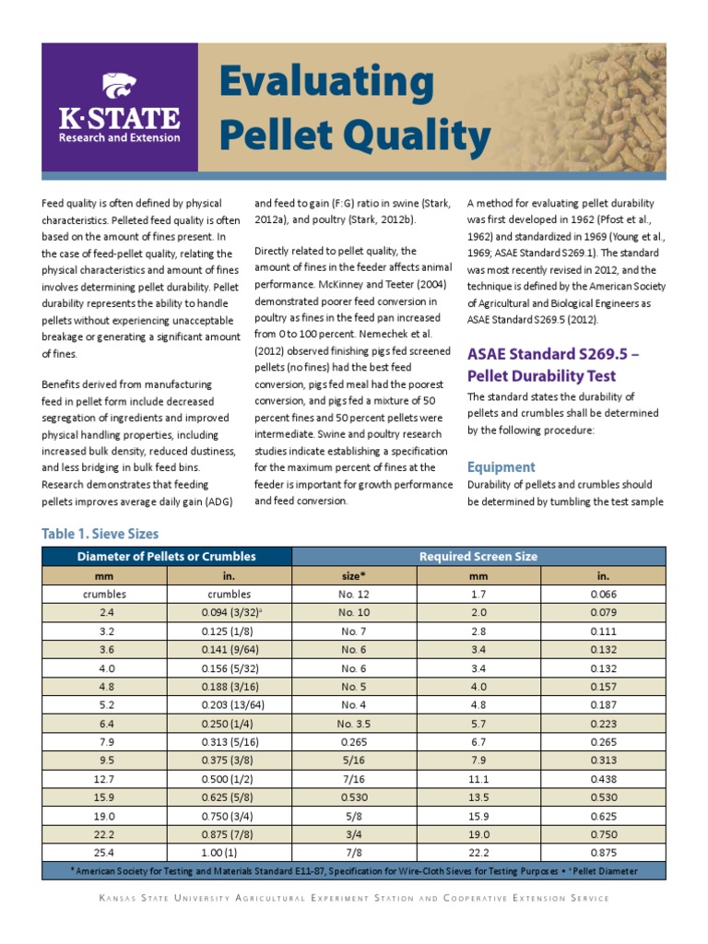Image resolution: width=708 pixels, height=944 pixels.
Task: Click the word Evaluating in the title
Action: click(326, 85)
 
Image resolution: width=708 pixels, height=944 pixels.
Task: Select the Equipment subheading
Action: click(501, 466)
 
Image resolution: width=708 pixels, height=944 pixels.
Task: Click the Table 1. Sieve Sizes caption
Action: click(100, 534)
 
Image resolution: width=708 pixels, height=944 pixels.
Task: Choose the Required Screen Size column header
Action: click(478, 557)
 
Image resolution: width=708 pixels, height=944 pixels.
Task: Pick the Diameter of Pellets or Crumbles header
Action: click(167, 557)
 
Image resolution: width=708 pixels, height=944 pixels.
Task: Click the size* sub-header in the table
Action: click(354, 576)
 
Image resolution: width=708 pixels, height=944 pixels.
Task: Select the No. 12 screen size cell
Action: click(354, 595)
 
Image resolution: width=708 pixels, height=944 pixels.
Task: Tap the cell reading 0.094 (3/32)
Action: click(229, 613)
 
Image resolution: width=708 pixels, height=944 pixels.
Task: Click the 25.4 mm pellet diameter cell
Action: click(104, 852)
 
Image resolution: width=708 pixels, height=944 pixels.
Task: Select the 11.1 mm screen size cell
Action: click(478, 778)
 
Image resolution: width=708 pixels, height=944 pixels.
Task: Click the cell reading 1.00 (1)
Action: click(229, 852)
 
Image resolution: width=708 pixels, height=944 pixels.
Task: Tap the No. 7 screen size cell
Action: click(354, 631)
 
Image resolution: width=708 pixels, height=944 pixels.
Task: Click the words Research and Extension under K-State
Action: click(120, 137)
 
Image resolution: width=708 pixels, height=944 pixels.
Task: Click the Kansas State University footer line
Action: click(353, 898)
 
